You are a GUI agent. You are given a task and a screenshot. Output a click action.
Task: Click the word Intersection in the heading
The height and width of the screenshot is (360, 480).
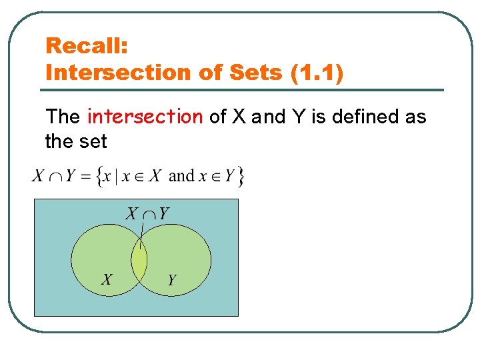pos(114,72)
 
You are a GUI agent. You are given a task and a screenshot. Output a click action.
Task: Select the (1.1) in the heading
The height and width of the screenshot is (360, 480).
pos(317,72)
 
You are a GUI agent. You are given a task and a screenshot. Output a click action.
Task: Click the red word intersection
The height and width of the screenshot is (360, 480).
pos(145,117)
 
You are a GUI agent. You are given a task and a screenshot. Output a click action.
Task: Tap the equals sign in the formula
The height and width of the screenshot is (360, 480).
pos(86,177)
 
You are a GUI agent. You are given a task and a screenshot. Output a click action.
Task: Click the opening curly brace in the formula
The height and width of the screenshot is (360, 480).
pos(99,177)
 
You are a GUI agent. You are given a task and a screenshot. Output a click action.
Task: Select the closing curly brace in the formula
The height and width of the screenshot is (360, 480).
pos(241,177)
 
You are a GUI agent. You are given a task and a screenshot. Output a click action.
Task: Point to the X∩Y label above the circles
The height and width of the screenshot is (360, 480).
pos(147,213)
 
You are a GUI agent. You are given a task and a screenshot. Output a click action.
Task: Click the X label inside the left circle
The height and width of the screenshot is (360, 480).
pos(107,279)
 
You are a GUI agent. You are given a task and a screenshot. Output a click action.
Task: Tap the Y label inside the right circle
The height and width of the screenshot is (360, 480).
pos(171,280)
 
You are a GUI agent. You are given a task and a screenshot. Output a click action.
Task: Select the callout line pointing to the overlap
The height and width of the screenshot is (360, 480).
pos(143,235)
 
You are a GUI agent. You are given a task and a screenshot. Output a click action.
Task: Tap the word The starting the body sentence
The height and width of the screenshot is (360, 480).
pos(63,117)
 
